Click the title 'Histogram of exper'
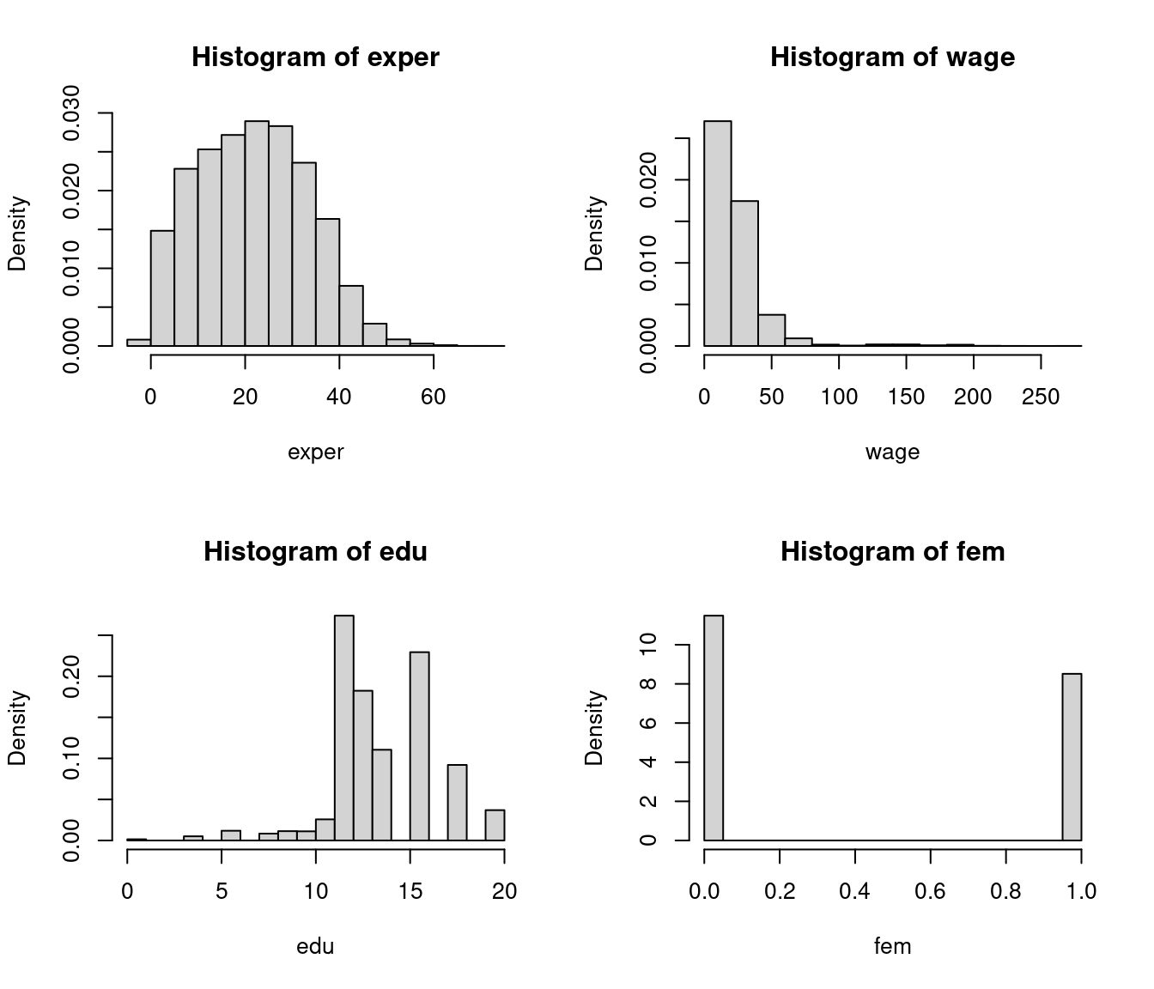315,58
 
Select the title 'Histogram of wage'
892,58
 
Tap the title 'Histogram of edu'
315,551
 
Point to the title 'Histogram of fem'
892,551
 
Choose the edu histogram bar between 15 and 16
419,746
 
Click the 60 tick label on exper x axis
434,397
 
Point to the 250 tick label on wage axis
1041,397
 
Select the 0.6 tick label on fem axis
930,891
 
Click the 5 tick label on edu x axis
222,891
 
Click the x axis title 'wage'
892,452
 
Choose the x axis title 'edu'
315,947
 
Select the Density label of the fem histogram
595,728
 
